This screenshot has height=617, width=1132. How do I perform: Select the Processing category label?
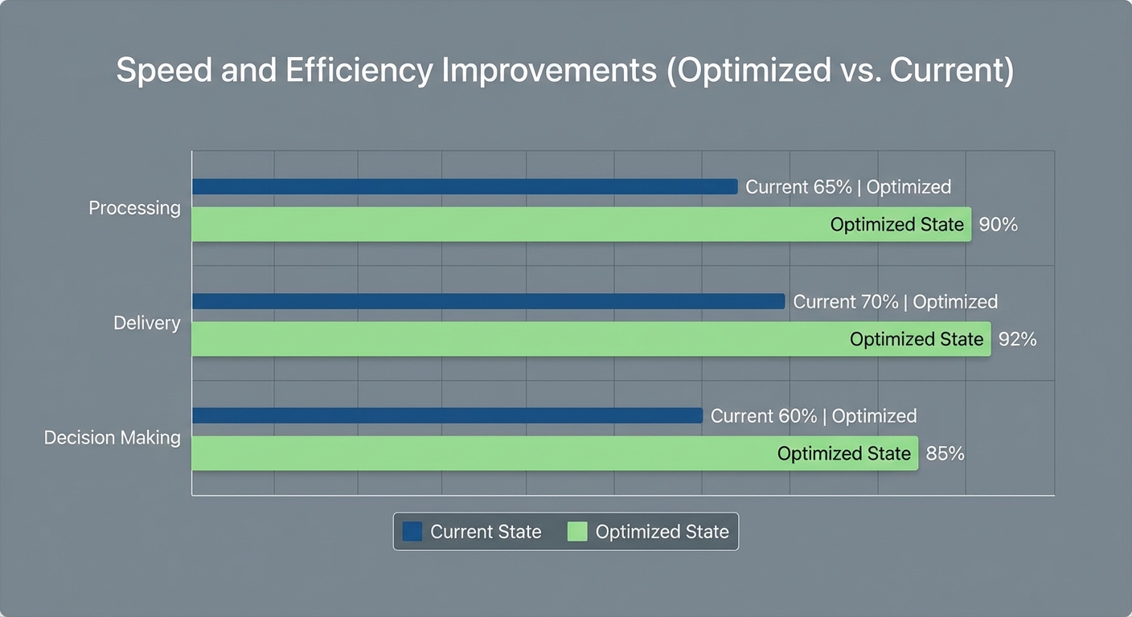click(134, 208)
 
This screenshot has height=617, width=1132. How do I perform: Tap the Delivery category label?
click(146, 323)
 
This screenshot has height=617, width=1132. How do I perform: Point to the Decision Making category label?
click(112, 438)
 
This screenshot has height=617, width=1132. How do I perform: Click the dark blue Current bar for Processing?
click(464, 186)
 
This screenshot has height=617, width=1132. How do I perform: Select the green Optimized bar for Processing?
click(507, 224)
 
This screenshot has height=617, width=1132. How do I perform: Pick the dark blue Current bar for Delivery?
click(487, 301)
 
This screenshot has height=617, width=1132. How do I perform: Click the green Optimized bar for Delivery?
click(515, 339)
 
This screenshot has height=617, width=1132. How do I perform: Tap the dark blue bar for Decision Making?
click(446, 415)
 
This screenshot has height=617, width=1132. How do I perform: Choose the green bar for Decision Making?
click(482, 454)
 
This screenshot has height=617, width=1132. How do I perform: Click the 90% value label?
click(999, 225)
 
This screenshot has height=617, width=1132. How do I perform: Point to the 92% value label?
click(1017, 340)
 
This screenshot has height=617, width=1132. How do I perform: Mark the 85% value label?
click(945, 454)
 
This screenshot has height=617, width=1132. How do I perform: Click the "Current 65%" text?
click(798, 187)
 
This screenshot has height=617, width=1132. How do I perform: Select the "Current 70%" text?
click(846, 302)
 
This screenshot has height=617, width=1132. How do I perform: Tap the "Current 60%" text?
click(764, 416)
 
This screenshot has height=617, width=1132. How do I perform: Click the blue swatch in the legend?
click(412, 532)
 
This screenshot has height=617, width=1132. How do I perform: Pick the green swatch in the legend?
click(577, 532)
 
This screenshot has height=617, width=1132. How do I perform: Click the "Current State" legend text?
click(486, 532)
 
